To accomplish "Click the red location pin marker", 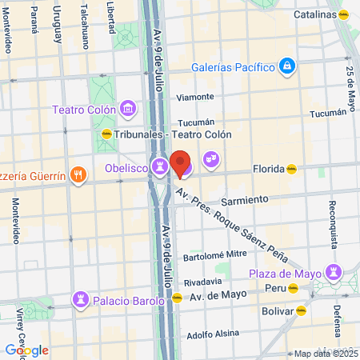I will coord(180,163).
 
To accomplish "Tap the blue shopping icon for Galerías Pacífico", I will coord(288,66).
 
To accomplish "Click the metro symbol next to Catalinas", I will coord(344,14).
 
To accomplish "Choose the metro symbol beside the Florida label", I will coord(292,169).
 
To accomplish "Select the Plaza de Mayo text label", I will coord(289,274).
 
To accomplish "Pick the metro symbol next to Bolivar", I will coord(302,310).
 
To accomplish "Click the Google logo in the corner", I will coord(26,350).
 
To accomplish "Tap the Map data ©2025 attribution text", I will coord(324,354).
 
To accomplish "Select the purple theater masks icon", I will coord(210,158).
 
